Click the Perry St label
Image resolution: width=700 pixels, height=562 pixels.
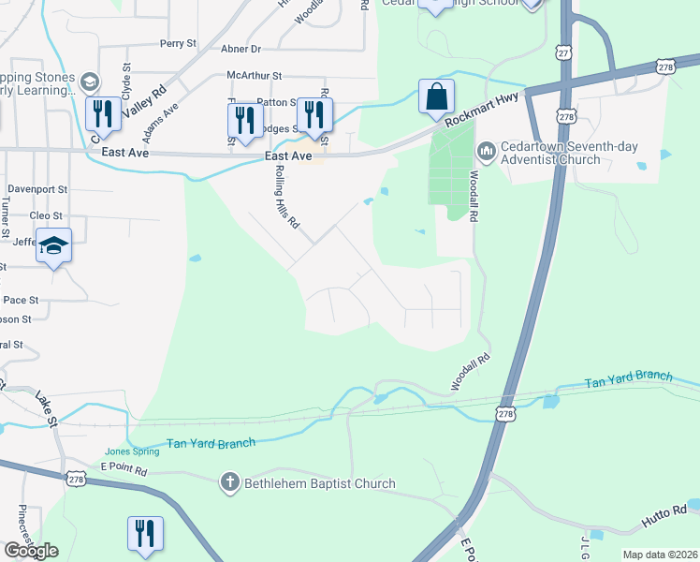(x=177, y=43)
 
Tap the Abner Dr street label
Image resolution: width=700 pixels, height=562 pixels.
(x=241, y=49)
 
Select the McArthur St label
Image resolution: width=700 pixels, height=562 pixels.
(x=254, y=76)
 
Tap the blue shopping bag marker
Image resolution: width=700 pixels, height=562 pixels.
(x=436, y=96)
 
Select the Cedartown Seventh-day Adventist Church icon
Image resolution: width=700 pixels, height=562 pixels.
(x=486, y=151)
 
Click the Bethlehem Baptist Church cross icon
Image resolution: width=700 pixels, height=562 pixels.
(x=230, y=483)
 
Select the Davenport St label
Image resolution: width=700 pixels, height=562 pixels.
(x=37, y=188)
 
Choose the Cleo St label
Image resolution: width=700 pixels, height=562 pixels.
(x=46, y=215)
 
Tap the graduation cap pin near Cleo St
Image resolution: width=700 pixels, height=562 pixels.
(x=54, y=246)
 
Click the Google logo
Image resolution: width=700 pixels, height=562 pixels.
(x=31, y=551)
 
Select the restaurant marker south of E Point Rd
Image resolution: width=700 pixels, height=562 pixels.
(x=145, y=534)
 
